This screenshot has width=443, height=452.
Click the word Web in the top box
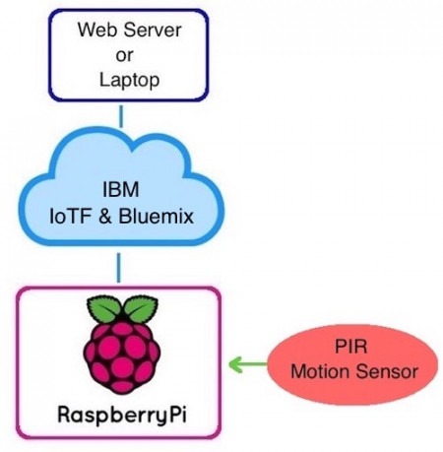(95, 28)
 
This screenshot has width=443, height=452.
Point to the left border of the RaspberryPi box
(18, 364)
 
